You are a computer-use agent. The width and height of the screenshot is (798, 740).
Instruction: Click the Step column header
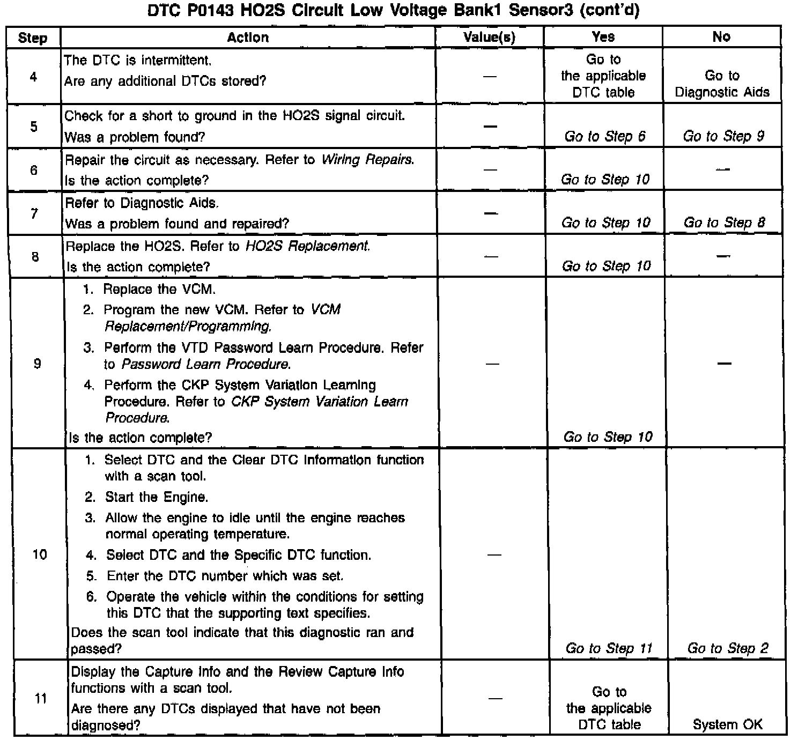tap(33, 38)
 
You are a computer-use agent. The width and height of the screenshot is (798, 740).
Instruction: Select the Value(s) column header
tap(489, 37)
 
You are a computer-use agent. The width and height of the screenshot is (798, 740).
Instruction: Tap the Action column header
tap(247, 37)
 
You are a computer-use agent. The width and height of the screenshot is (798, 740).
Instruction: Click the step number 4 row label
tap(33, 77)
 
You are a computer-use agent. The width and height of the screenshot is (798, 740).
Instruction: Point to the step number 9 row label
tap(36, 364)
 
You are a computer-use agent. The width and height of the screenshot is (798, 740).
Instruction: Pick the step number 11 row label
tap(40, 698)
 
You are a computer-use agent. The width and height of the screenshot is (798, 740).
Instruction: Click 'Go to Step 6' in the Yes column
tap(604, 137)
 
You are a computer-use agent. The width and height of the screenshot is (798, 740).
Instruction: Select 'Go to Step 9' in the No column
tap(723, 136)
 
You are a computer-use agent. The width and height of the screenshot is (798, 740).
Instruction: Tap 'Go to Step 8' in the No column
tap(724, 223)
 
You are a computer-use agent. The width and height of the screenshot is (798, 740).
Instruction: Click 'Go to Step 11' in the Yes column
tap(609, 648)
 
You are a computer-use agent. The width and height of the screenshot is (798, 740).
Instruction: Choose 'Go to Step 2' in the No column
tap(727, 648)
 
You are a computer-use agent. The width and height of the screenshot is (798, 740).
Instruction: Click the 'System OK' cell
tap(727, 724)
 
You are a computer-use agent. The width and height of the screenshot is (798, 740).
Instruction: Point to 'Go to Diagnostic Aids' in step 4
tap(722, 84)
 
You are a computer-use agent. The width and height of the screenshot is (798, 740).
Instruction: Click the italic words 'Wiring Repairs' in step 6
tap(367, 160)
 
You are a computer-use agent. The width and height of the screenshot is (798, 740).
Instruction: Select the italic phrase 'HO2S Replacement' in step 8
tap(307, 246)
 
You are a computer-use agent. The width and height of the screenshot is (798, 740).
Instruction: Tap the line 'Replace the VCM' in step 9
tap(159, 290)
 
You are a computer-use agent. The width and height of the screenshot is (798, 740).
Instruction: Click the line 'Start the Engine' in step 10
tap(156, 497)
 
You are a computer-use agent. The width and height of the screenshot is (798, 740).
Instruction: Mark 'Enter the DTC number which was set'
tap(225, 576)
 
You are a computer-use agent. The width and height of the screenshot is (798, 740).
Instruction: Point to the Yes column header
tap(603, 36)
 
